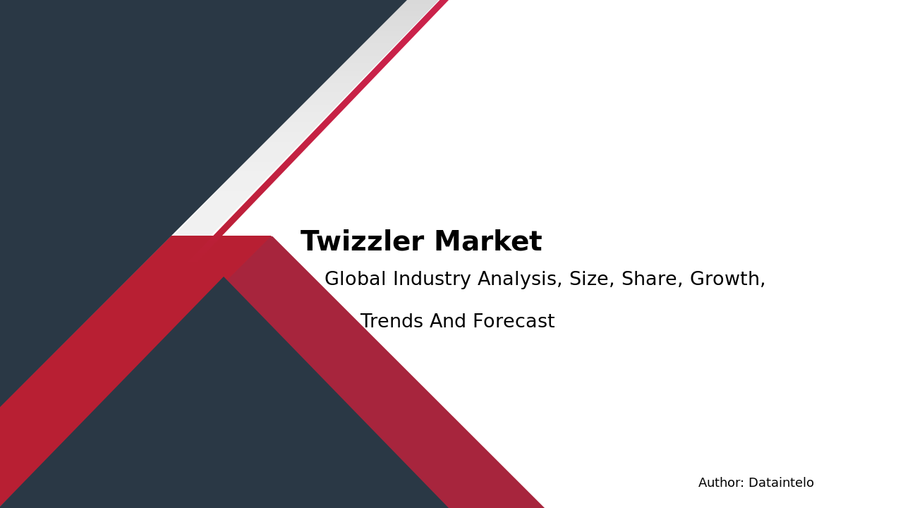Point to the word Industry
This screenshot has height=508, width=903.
click(x=432, y=279)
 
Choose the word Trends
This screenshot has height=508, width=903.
click(x=392, y=322)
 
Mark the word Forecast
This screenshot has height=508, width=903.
click(x=514, y=322)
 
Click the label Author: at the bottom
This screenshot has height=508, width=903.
click(x=721, y=483)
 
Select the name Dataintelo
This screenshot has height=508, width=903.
click(x=781, y=483)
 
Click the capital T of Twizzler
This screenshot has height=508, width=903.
click(x=309, y=242)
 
